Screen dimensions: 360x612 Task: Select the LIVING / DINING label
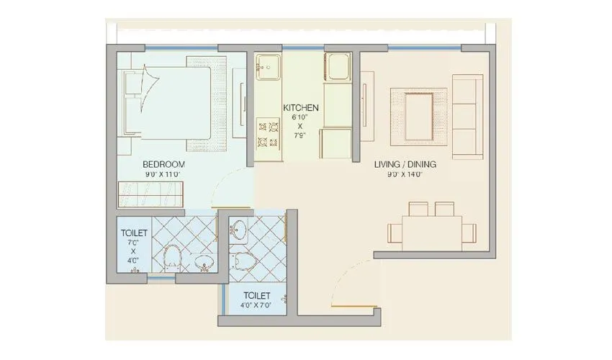click(x=405, y=164)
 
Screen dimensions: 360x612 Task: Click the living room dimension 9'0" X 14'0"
click(x=405, y=174)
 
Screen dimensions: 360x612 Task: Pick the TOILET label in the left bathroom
click(x=134, y=233)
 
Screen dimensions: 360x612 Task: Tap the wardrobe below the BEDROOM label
click(x=152, y=194)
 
